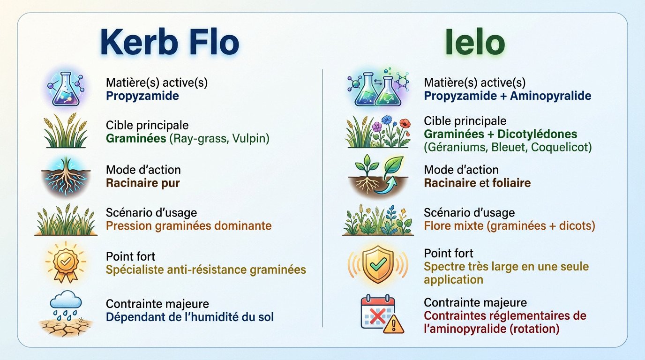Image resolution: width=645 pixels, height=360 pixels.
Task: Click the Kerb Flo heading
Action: point(169,43)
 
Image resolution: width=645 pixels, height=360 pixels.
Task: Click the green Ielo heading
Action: point(475,43)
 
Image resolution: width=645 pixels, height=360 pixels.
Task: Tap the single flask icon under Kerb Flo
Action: point(66,89)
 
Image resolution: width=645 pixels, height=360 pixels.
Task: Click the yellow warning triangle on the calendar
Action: point(393,324)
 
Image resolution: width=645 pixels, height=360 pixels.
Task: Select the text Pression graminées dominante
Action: point(188,226)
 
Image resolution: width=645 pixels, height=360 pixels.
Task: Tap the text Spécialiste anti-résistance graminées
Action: point(206,270)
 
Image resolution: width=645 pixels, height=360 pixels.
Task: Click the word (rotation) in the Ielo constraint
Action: point(534,329)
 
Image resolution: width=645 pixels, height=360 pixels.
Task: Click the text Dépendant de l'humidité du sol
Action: point(190,317)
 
